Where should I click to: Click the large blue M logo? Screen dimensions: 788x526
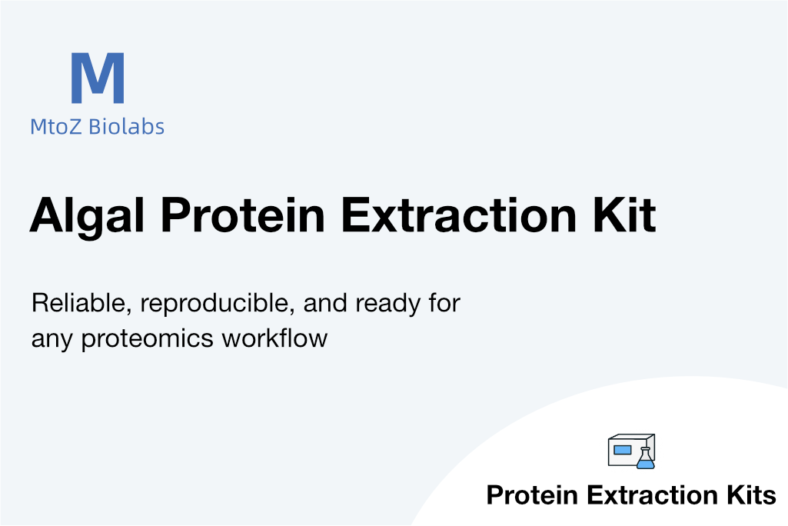coord(98,78)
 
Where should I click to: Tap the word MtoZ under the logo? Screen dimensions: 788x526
coord(55,127)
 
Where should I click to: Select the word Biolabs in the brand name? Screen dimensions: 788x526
coord(126,126)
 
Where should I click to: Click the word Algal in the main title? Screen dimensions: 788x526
coord(88,216)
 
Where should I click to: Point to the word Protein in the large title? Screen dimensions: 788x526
coord(243,215)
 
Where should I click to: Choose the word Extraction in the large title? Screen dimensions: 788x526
coord(459,215)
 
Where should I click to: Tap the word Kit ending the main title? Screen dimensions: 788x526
coord(625,215)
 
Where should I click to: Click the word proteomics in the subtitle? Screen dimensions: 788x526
coord(148,339)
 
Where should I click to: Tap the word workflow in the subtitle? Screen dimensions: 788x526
coord(274,338)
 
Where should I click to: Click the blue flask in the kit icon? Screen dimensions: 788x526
coord(646,458)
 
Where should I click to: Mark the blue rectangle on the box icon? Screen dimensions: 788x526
coord(623,450)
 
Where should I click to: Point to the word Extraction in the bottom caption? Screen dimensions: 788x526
coord(653,494)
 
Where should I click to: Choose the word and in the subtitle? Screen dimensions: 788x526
coord(325,304)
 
